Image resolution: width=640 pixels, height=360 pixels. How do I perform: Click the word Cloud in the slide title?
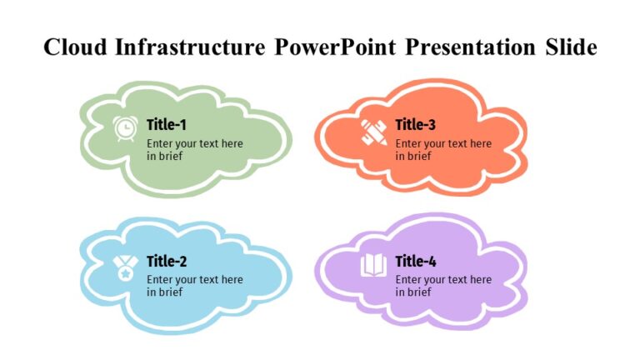(x=72, y=47)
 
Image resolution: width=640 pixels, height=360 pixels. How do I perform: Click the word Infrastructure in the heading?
(x=186, y=47)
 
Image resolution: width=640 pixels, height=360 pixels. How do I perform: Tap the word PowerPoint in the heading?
(x=336, y=47)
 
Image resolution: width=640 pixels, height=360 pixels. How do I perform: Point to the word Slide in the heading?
(x=571, y=47)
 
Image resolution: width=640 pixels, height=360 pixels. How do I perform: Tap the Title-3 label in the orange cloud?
(x=415, y=125)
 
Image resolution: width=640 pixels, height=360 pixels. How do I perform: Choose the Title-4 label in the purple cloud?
(x=415, y=262)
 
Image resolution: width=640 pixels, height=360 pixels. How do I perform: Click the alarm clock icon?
(x=125, y=129)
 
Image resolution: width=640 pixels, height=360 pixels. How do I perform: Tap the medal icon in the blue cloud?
(x=125, y=267)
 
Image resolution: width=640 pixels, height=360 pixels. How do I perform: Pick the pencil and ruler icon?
(x=373, y=131)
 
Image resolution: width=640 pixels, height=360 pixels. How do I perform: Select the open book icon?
(x=373, y=267)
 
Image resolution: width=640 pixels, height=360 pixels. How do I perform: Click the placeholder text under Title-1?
(x=195, y=149)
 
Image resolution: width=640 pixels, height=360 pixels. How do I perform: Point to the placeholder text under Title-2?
(x=195, y=286)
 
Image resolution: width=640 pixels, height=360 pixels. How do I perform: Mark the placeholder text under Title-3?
(x=443, y=149)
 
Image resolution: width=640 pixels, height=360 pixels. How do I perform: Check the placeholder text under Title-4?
(x=443, y=286)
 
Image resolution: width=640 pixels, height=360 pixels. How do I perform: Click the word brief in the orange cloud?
(x=418, y=156)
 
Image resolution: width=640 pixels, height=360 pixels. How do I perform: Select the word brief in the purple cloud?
(x=418, y=292)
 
